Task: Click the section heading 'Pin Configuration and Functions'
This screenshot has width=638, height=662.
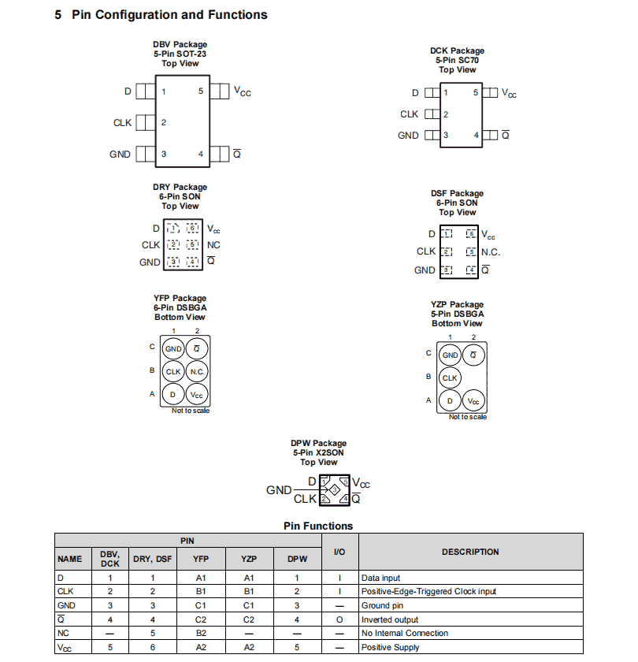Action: pos(169,15)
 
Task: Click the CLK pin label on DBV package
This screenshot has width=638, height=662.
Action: pos(122,123)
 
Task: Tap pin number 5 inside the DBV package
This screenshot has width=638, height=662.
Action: pos(201,91)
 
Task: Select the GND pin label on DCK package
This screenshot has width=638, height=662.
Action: pos(408,136)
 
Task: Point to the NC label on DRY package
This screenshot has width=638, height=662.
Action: pos(213,245)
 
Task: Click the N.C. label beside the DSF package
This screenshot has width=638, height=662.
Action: pos(491,252)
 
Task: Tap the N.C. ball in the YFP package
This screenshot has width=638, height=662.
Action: pos(197,371)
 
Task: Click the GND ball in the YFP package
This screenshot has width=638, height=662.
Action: pos(173,348)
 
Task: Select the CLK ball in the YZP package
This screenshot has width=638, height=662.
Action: pos(450,377)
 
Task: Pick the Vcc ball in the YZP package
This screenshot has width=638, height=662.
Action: pos(473,401)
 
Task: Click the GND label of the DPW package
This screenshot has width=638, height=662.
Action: pos(279,490)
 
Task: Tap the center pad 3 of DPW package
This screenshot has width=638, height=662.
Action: pos(335,491)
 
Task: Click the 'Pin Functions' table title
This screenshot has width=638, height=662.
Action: pos(318,526)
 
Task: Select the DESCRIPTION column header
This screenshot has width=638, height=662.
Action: pos(470,552)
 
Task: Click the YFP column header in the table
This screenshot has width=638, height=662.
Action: pos(201,560)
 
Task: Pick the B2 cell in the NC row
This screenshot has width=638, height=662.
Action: pos(201,633)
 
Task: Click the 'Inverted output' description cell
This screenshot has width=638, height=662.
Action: pos(389,619)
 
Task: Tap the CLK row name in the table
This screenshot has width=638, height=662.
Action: pos(66,591)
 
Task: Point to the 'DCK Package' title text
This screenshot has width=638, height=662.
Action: pos(457,50)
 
